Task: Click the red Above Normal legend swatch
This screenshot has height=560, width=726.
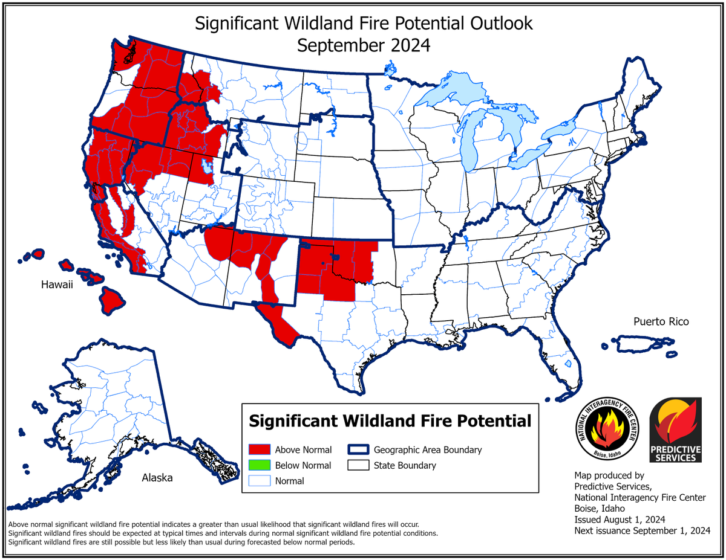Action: [x=259, y=449]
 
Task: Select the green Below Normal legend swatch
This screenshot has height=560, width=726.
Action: [x=259, y=465]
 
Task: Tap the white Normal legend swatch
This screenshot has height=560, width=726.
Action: [x=259, y=481]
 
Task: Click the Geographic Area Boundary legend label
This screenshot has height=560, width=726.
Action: [x=427, y=449]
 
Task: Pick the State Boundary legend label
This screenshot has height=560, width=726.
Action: [x=404, y=465]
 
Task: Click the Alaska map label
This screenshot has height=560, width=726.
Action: [x=157, y=478]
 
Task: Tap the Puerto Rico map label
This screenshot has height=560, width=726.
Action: [x=661, y=321]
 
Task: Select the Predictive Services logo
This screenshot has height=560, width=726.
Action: [x=675, y=430]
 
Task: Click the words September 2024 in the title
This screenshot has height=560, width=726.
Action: [x=364, y=45]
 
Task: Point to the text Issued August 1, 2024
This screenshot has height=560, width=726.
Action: [x=620, y=520]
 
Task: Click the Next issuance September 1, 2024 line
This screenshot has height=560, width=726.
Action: [x=642, y=530]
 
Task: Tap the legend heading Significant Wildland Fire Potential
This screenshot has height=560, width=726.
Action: [x=390, y=420]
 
